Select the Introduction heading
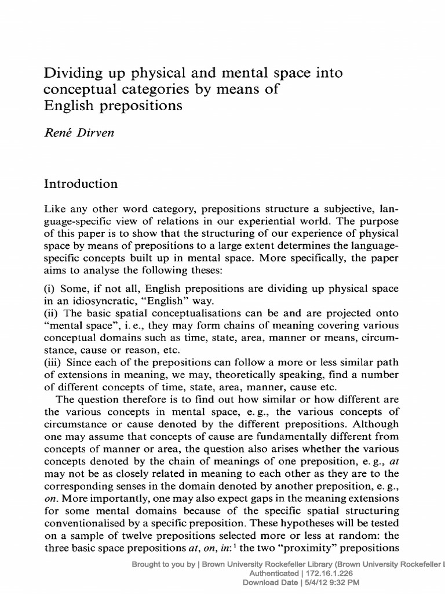[81, 184]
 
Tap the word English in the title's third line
[67, 106]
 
